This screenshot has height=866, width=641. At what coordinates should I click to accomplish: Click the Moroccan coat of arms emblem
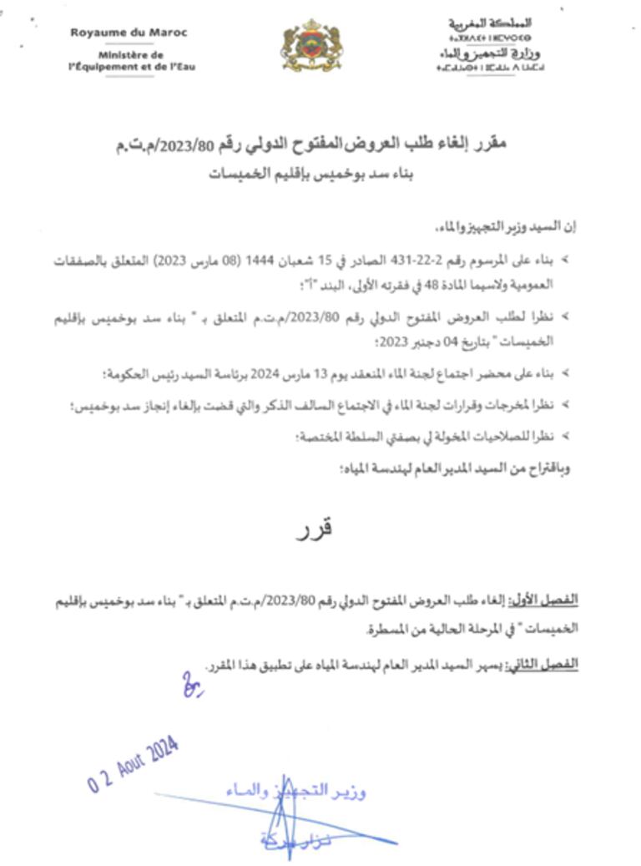click(x=311, y=46)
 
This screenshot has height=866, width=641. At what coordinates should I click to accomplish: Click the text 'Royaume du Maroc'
click(x=129, y=33)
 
